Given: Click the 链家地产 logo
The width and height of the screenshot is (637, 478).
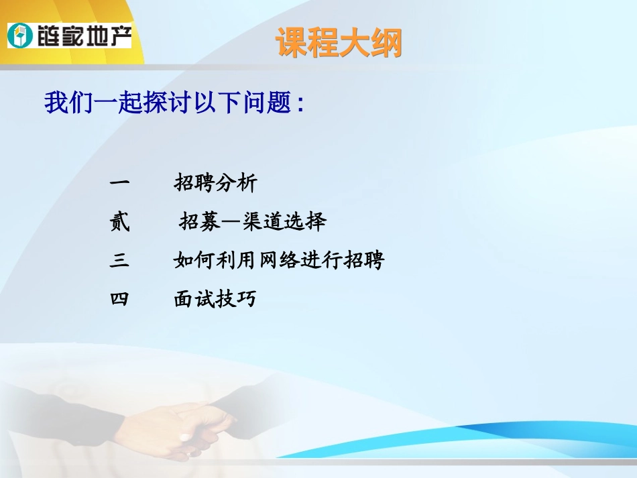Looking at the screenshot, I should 69,34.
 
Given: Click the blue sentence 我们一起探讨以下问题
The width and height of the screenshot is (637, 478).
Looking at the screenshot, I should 173,104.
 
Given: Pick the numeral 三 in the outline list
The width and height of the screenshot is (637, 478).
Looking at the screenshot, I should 119,260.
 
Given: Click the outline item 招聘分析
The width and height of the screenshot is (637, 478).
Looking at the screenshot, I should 215,183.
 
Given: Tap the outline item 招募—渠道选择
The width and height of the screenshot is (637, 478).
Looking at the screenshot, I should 252,222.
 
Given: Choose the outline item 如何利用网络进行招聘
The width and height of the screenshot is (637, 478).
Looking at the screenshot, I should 278,260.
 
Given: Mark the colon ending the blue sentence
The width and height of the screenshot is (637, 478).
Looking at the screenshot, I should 300,106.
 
